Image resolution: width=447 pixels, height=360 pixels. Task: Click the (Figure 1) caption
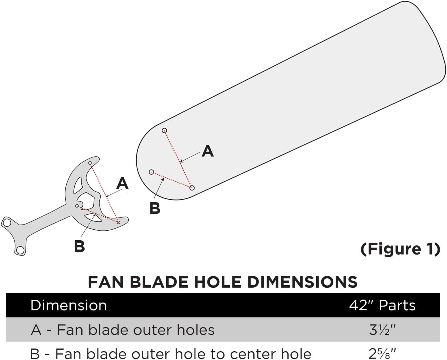click(400, 249)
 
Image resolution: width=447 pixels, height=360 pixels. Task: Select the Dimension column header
click(69, 305)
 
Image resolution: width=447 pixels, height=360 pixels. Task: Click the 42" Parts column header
click(382, 305)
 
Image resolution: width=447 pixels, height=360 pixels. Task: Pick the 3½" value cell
click(382, 330)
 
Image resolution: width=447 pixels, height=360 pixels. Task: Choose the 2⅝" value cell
click(382, 354)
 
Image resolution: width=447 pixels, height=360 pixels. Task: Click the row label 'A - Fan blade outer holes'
click(123, 330)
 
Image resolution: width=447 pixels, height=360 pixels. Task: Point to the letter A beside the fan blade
click(208, 151)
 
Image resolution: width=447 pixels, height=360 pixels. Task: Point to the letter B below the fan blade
click(155, 208)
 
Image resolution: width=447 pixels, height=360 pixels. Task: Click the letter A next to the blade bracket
click(122, 183)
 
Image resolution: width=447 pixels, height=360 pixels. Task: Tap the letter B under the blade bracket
click(79, 246)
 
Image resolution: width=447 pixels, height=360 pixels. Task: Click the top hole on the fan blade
click(164, 131)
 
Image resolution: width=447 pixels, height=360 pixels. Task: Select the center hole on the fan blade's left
click(151, 172)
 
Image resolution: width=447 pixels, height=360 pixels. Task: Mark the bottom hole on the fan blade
click(192, 188)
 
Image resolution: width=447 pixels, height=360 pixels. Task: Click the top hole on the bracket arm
click(90, 163)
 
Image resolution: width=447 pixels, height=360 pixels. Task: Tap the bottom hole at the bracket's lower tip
click(119, 222)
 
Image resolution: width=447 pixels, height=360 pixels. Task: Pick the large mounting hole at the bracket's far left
click(7, 223)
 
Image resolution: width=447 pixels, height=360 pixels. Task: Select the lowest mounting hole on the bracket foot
click(20, 250)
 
